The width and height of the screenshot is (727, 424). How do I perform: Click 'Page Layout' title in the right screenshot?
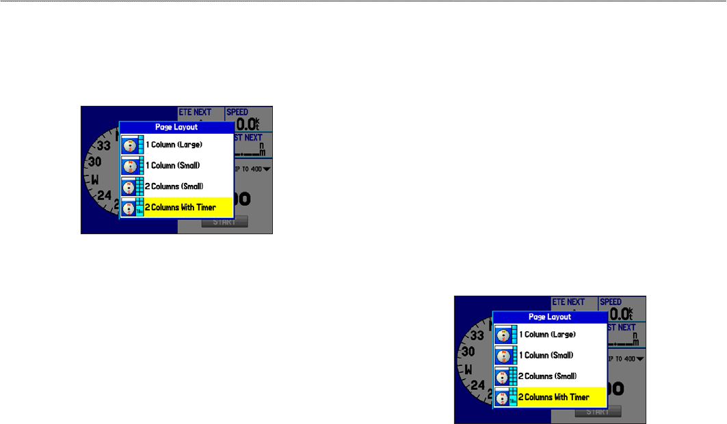[550, 317]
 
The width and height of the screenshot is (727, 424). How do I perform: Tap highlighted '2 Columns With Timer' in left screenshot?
[180, 208]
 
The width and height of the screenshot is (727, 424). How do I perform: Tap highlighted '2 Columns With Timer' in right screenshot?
[553, 397]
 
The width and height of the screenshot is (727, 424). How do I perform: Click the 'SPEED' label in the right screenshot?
[611, 302]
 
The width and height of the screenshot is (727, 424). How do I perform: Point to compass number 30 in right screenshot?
[468, 352]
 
